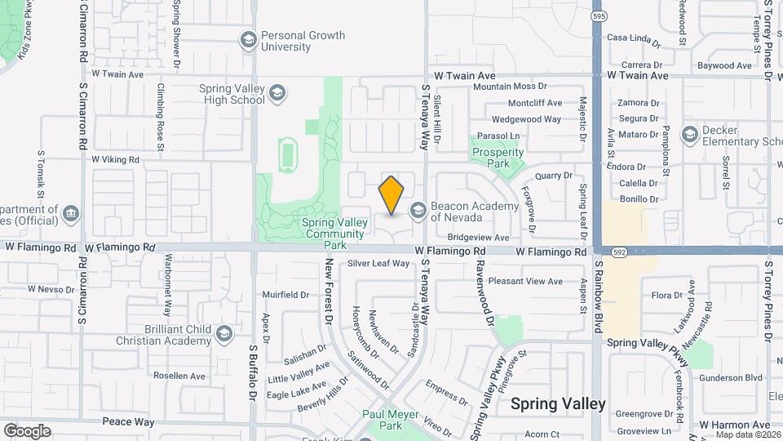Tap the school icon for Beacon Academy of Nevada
[418, 212]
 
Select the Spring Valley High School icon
[277, 94]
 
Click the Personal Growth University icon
[249, 40]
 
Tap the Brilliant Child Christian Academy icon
[224, 334]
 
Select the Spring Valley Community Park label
[335, 233]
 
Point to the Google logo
[27, 430]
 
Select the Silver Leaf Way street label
[378, 263]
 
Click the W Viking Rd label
[115, 159]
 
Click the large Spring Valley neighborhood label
[558, 403]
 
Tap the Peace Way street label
[128, 421]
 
